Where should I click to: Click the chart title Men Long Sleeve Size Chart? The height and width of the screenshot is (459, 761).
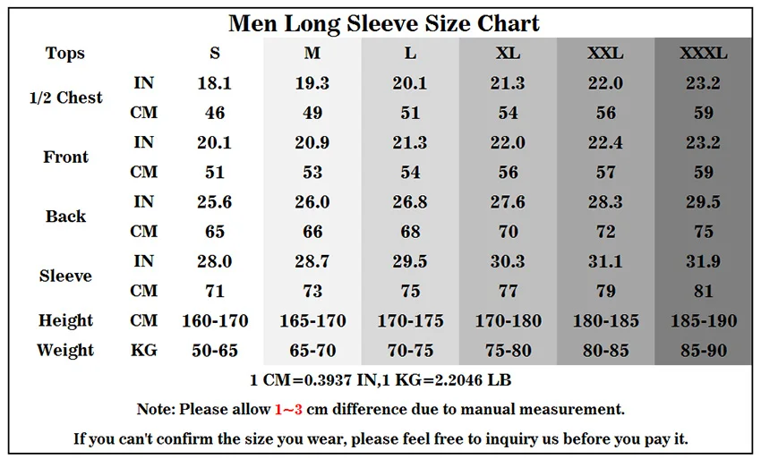click(384, 22)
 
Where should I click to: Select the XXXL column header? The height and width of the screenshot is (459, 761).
click(703, 54)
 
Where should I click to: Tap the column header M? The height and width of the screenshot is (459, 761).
click(312, 54)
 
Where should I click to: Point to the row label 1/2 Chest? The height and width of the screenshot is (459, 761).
click(66, 98)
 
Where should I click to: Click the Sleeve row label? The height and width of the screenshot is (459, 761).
click(65, 276)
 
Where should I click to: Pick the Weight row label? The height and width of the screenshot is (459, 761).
click(65, 350)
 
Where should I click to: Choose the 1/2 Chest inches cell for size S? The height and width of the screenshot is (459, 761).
click(215, 83)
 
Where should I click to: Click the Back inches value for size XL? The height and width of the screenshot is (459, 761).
click(508, 202)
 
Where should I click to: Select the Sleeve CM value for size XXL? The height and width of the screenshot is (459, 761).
click(605, 291)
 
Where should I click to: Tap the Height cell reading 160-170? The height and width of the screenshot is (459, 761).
click(215, 320)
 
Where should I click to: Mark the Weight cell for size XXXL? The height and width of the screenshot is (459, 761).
click(703, 351)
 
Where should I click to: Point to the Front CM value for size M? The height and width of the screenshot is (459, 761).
click(312, 172)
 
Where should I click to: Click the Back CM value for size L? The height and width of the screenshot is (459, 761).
click(410, 232)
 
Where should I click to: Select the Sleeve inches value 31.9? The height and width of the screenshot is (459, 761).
click(703, 261)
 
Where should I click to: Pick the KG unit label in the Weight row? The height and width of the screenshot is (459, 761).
click(144, 351)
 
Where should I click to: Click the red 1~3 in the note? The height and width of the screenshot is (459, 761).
click(288, 410)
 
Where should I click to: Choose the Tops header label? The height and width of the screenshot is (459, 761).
click(65, 54)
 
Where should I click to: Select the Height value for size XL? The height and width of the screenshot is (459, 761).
click(508, 320)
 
